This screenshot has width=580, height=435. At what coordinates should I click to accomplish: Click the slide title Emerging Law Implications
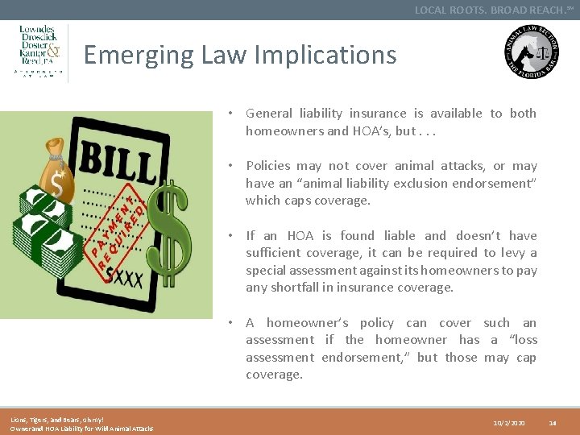point(240,55)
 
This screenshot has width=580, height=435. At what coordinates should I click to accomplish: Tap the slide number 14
point(553,422)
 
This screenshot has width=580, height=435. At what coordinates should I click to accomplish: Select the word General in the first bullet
point(271,114)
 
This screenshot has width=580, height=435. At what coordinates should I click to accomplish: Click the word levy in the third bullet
point(512,253)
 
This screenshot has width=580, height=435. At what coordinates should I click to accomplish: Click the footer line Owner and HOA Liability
point(81,428)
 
